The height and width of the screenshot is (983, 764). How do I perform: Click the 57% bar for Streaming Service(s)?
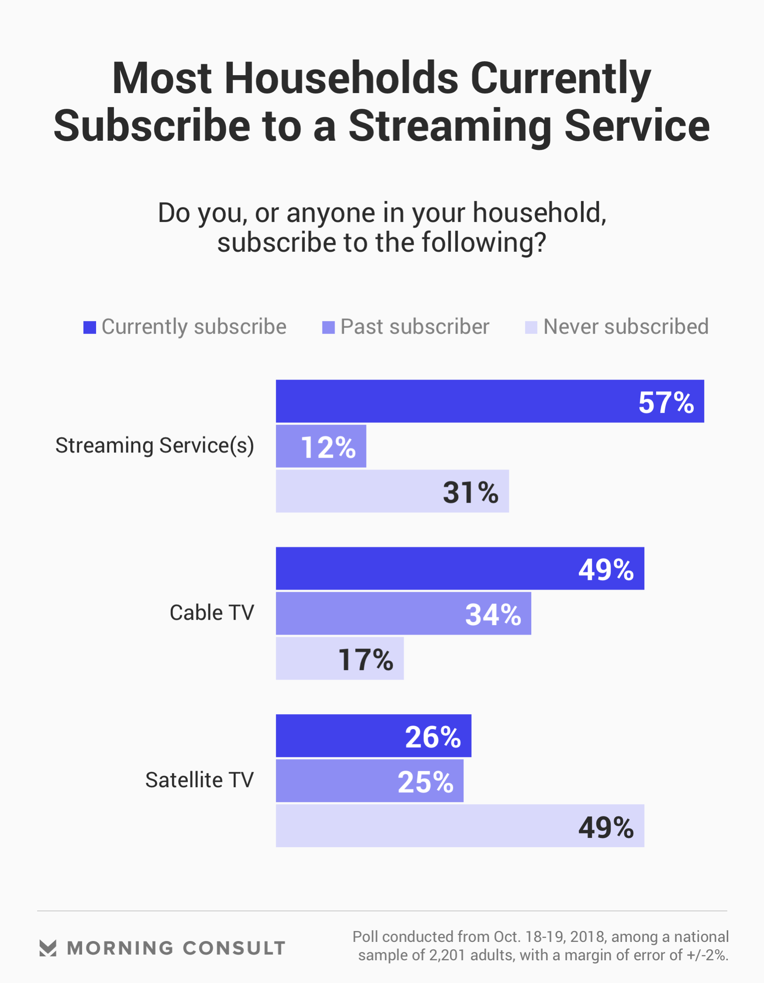pyautogui.click(x=490, y=401)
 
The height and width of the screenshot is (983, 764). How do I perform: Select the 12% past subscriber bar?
pyautogui.click(x=321, y=446)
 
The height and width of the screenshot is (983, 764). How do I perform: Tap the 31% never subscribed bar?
pyautogui.click(x=392, y=491)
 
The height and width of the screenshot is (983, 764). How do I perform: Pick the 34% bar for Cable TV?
pyautogui.click(x=403, y=614)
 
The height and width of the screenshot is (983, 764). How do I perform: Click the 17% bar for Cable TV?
pyautogui.click(x=340, y=659)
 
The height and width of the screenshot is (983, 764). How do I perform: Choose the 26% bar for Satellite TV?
pyautogui.click(x=373, y=736)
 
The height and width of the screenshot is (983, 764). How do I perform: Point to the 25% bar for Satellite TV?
pyautogui.click(x=370, y=781)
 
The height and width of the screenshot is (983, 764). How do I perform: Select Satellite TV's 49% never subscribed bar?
pyautogui.click(x=460, y=826)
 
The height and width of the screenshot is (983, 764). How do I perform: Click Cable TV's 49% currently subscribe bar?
pyautogui.click(x=460, y=569)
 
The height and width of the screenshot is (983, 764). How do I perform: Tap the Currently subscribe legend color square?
pyautogui.click(x=90, y=327)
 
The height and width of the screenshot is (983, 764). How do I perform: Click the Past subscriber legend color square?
pyautogui.click(x=328, y=327)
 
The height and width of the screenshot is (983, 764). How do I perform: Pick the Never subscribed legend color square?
pyautogui.click(x=531, y=327)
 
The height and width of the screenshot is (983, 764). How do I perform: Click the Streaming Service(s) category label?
pyautogui.click(x=154, y=445)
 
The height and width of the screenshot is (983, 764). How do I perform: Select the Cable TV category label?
pyautogui.click(x=211, y=613)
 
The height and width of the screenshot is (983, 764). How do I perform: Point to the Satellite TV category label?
pyautogui.click(x=199, y=780)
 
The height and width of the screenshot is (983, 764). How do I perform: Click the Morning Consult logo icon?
pyautogui.click(x=48, y=948)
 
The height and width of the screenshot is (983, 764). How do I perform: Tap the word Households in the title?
pyautogui.click(x=341, y=78)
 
